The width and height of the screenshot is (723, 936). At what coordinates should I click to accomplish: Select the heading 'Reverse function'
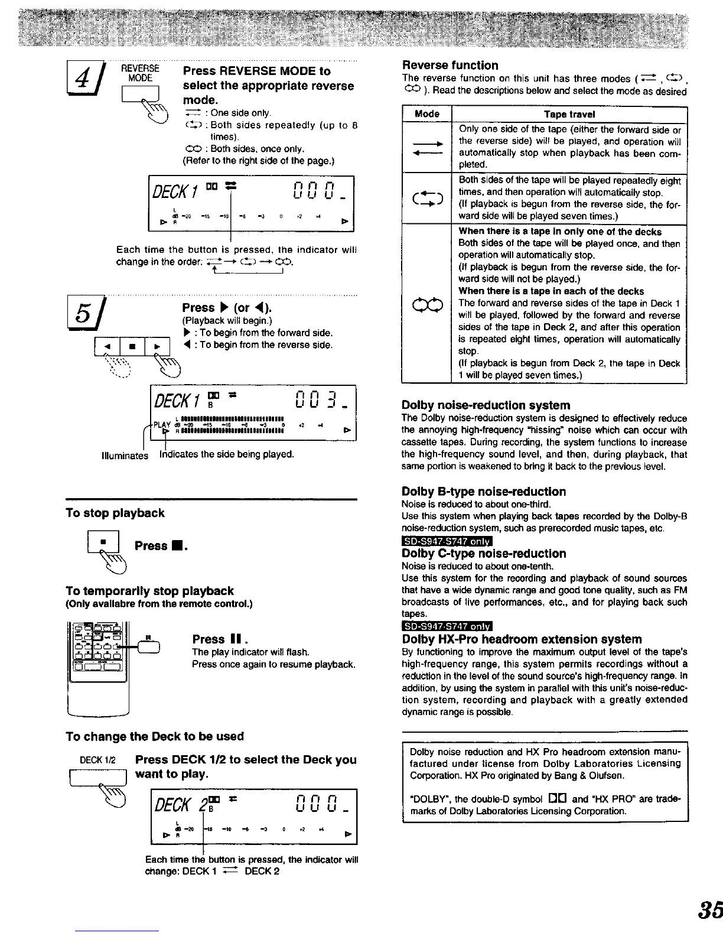450,65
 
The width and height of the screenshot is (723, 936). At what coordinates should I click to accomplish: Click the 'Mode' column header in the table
427,113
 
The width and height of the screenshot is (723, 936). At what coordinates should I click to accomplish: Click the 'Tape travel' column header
569,113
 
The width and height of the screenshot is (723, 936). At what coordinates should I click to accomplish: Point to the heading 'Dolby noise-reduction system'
486,405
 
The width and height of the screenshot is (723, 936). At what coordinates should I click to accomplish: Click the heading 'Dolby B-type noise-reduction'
483,492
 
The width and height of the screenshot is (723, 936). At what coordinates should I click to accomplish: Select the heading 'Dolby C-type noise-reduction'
483,554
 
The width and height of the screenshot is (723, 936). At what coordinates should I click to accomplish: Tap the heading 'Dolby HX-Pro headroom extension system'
521,639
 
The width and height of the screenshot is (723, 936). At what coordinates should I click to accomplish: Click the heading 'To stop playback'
115,513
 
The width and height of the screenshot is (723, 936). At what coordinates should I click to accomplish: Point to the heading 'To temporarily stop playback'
149,591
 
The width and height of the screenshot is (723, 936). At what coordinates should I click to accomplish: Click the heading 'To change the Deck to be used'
155,736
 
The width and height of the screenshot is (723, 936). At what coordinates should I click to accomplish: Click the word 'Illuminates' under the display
125,456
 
